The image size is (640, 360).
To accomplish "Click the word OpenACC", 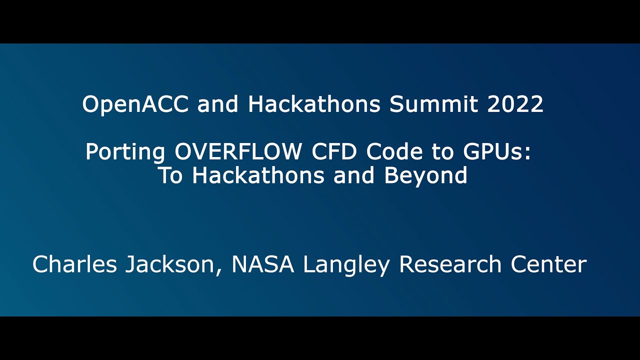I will (136, 104).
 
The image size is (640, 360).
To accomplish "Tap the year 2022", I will (514, 104).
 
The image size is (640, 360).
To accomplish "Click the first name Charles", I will (74, 264).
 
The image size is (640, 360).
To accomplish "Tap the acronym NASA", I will (262, 264).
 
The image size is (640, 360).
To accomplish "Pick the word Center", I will (548, 264).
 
